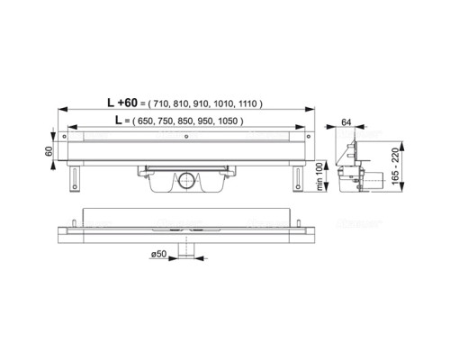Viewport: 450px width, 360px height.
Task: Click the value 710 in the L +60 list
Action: (x=160, y=103)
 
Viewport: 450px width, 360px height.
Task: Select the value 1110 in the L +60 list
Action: (x=247, y=103)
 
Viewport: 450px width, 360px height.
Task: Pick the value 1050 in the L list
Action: (x=228, y=121)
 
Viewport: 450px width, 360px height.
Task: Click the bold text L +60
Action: (x=122, y=103)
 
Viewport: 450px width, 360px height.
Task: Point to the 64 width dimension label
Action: (x=346, y=122)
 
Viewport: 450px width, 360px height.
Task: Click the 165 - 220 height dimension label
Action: (x=396, y=166)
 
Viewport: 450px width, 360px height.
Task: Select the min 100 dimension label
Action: (x=319, y=176)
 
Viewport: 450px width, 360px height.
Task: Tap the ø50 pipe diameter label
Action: (x=158, y=254)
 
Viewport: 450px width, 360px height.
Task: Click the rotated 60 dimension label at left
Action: (x=49, y=151)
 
